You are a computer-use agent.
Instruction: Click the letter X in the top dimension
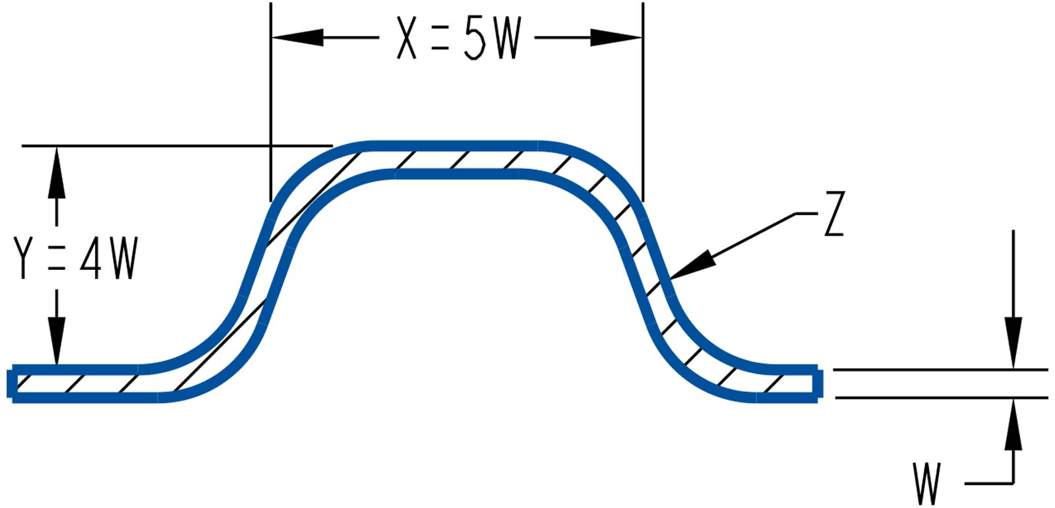point(407,38)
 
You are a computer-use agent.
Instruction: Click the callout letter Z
point(834,215)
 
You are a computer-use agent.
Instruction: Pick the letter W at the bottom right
point(927,483)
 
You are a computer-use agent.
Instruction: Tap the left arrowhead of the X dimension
point(297,38)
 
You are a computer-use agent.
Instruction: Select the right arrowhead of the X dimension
point(617,38)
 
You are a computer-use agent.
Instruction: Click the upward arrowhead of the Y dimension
point(57,172)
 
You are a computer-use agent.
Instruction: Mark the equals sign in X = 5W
point(440,38)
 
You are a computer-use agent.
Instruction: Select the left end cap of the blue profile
point(11,383)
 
